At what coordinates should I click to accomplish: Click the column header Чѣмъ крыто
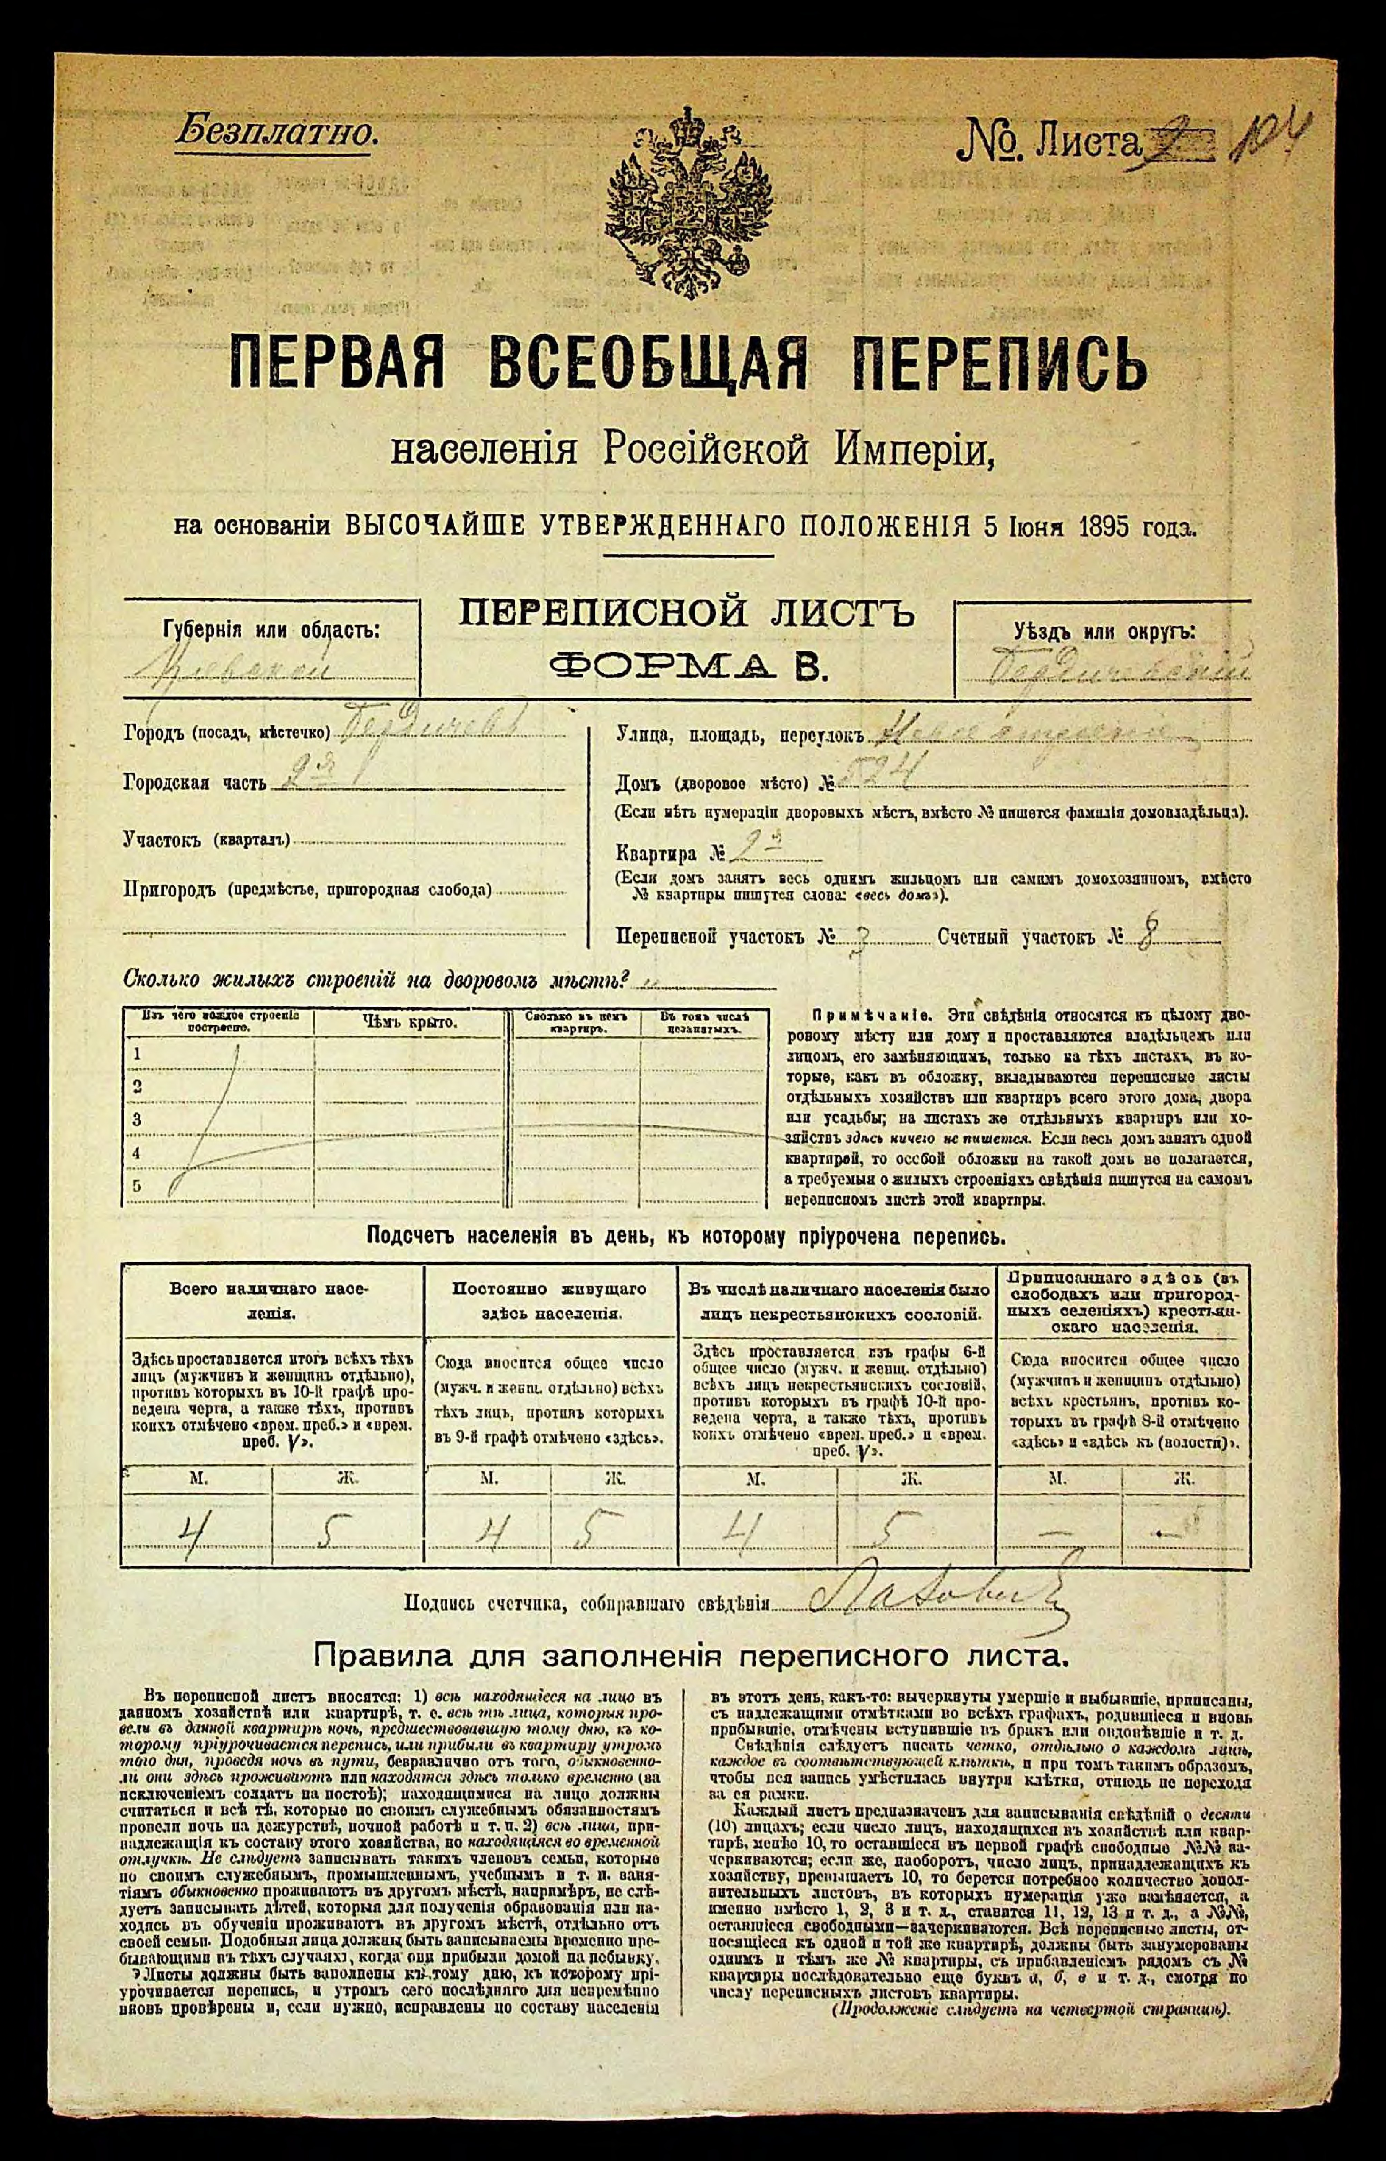(x=410, y=1022)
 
